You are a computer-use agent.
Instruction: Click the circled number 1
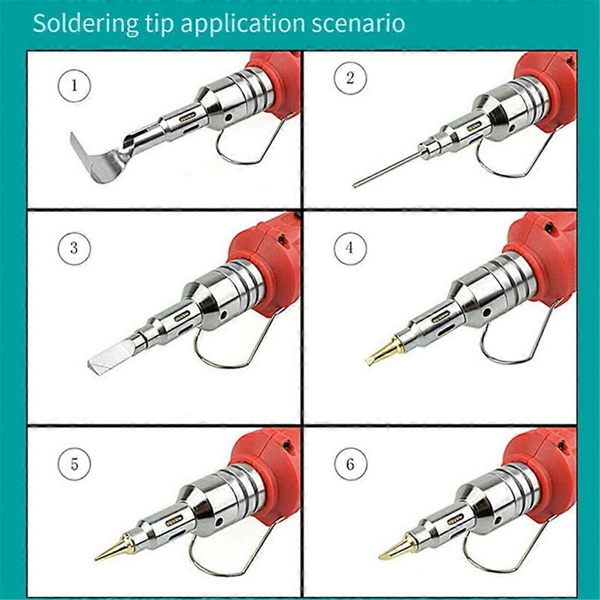coord(74,85)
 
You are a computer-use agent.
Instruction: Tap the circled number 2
coord(350,78)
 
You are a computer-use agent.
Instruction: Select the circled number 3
coord(74,248)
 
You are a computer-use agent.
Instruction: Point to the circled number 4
coord(350,248)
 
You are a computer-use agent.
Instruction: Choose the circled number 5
coord(74,465)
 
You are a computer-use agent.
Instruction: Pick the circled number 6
coord(350,465)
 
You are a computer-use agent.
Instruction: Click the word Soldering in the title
coord(86,23)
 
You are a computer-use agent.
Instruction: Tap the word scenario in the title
coord(358,23)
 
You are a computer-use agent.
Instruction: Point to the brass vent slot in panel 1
coord(187,117)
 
